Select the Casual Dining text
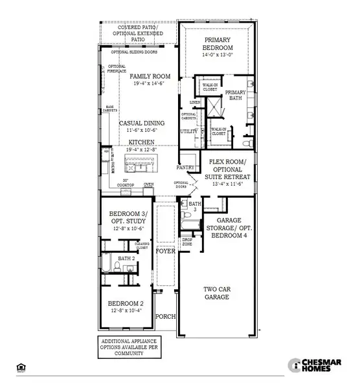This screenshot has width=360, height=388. point(142,123)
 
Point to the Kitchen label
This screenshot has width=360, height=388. point(142,141)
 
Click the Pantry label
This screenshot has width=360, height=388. point(186,167)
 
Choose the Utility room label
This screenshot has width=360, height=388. point(189,131)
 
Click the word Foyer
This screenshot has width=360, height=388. point(166,250)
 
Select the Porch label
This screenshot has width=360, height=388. point(166,316)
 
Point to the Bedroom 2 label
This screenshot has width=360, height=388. point(127,304)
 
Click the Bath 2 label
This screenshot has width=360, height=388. point(126,258)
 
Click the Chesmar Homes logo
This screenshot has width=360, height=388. point(315,366)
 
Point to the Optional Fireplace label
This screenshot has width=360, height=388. point(117,69)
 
